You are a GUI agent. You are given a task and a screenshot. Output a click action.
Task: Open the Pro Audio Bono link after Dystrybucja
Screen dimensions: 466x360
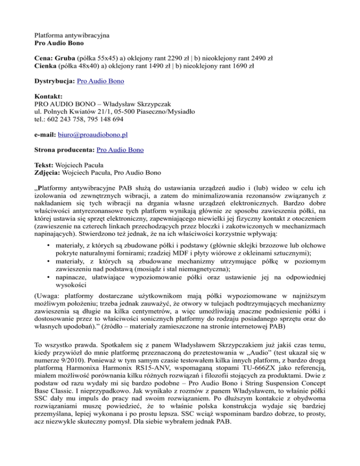[100, 81]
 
